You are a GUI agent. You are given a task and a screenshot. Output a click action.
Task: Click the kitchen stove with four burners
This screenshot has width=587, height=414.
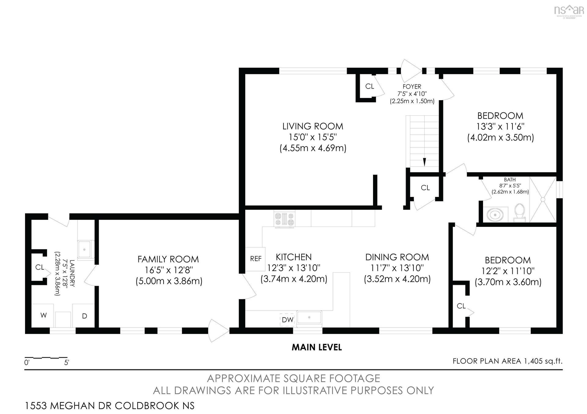point(285,219)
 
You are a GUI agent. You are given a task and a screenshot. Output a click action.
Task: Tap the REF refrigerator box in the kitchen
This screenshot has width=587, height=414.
point(255,259)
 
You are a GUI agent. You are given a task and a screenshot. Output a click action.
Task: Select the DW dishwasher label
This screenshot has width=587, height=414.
point(287,320)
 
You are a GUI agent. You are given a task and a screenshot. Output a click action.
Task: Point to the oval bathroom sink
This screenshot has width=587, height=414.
point(495,215)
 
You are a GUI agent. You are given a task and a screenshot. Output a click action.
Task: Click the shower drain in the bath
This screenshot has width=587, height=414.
point(543,199)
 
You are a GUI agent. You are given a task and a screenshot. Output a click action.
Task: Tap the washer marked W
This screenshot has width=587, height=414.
point(43,315)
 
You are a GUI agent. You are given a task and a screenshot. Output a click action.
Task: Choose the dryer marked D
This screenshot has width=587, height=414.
point(84,316)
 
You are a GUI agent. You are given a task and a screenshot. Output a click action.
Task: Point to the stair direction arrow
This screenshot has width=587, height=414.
point(425,162)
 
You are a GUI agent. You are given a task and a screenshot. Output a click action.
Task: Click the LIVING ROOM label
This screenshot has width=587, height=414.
point(313,126)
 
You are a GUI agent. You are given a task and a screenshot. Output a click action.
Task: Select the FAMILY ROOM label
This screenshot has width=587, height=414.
point(168,259)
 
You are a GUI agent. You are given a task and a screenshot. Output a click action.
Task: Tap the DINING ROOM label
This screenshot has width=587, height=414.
point(397,257)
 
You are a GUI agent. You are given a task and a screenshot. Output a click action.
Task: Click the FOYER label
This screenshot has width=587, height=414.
point(412,87)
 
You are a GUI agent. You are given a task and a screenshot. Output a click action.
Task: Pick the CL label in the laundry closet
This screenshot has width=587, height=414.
point(40,267)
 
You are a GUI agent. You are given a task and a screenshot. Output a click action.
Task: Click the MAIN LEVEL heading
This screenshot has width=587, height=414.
point(317,347)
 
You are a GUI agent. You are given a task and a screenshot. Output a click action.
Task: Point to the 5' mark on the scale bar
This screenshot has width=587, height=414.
point(67,363)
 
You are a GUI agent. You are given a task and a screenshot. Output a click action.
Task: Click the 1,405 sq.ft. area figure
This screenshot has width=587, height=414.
point(543,361)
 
